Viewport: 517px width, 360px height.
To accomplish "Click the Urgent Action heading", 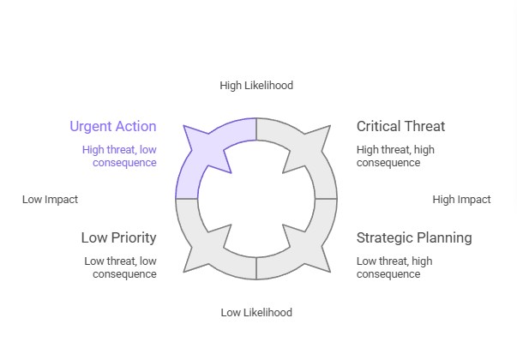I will [x=113, y=127].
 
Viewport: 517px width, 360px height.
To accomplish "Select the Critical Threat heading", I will [x=400, y=127].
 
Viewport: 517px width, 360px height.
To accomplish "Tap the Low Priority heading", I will [x=118, y=237].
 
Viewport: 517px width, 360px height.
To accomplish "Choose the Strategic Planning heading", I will [x=414, y=237].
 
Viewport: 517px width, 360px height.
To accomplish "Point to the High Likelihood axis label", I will [x=256, y=85].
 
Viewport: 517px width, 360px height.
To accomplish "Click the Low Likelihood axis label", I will [x=256, y=312].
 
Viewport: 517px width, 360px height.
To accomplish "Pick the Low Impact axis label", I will [x=50, y=199].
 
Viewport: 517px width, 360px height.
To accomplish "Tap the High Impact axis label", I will [x=461, y=199].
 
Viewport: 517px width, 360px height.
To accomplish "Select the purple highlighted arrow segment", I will [x=210, y=154].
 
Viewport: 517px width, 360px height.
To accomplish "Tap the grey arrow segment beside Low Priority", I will [x=211, y=245].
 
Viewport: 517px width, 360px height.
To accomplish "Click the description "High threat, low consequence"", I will [x=119, y=156].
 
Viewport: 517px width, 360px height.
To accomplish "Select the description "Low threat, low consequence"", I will [x=120, y=267].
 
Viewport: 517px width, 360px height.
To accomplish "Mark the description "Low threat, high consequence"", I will [x=394, y=267].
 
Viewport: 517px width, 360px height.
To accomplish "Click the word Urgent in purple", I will [x=91, y=127].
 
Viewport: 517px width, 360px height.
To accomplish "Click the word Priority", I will [x=133, y=237].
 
